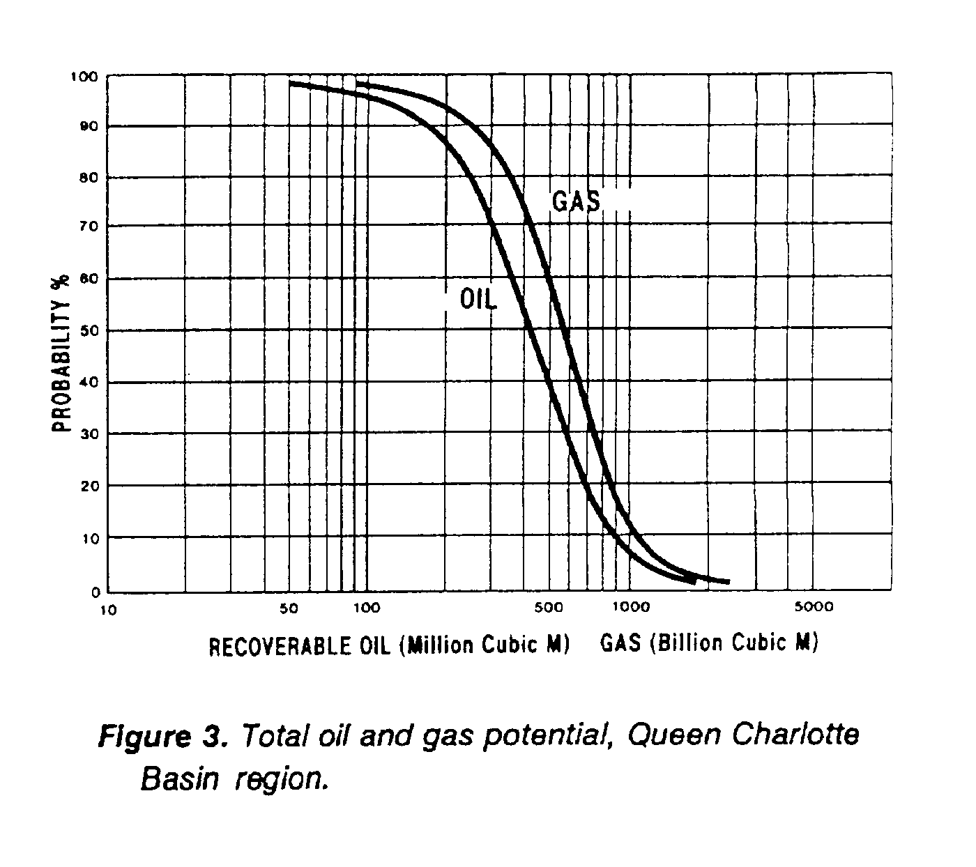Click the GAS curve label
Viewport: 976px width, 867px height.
click(576, 201)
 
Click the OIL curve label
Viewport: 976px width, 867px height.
click(478, 300)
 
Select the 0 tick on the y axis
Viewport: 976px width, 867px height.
click(96, 591)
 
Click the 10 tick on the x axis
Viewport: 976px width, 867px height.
click(108, 611)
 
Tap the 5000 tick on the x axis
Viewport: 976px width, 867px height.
click(814, 606)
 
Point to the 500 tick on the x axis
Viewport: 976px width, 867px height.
click(549, 607)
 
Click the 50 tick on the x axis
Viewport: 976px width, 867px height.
click(289, 608)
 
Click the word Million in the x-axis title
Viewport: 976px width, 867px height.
click(439, 645)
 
